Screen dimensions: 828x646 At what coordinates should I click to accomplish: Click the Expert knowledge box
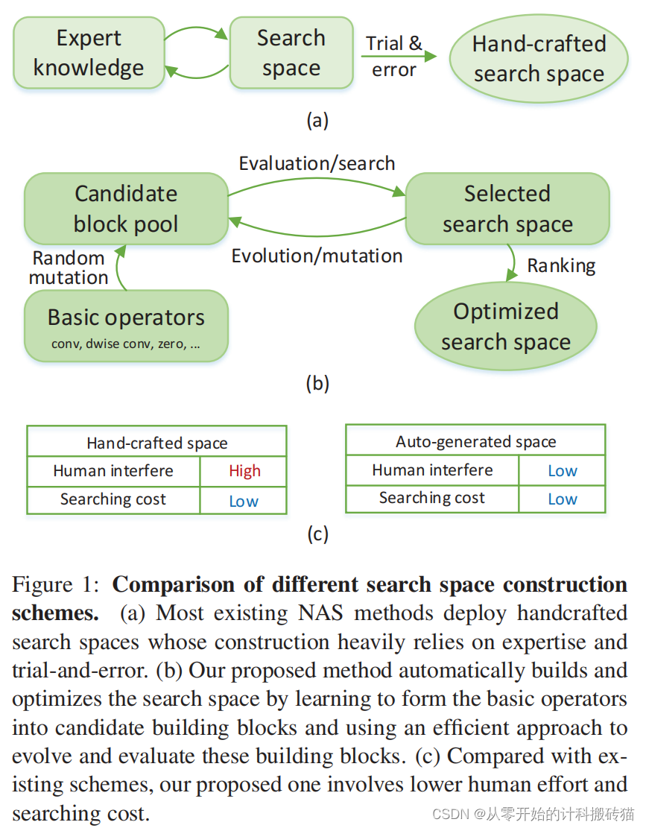89,53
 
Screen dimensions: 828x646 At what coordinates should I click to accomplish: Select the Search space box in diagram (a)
291,53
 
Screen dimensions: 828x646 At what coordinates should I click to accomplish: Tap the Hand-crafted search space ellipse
538,59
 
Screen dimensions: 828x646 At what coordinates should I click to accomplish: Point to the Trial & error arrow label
394,56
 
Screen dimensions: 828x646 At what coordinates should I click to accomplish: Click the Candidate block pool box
126,209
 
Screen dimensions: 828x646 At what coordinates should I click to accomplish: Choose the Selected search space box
507,209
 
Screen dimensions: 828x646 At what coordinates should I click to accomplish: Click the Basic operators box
126,326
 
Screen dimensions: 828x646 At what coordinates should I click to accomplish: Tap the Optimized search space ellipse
506,326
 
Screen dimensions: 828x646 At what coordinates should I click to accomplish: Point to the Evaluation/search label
317,163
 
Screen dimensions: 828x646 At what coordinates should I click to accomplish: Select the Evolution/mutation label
317,256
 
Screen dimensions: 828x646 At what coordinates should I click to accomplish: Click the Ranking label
561,266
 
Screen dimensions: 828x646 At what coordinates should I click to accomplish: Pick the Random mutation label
69,268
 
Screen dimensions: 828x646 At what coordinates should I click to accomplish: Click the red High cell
244,471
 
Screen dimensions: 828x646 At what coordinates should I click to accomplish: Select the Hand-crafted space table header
156,443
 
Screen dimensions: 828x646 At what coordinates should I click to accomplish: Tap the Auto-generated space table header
475,441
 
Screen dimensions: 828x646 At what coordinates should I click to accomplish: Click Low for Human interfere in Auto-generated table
562,471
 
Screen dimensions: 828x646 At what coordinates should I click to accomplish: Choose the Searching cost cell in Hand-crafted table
113,499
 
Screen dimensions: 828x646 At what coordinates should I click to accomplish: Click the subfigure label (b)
317,384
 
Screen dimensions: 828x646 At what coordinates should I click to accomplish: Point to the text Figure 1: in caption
57,585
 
